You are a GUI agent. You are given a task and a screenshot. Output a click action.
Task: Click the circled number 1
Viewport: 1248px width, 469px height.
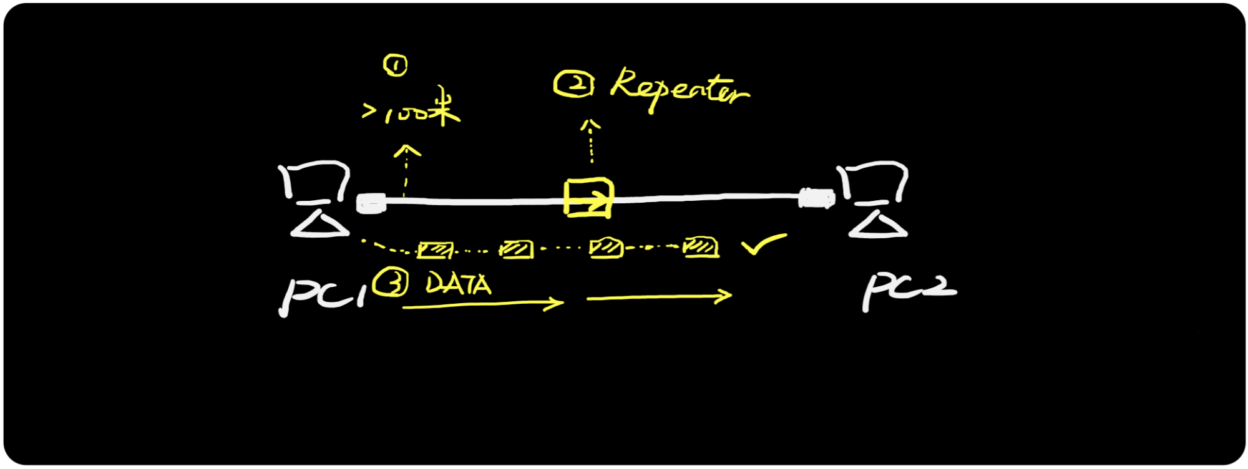coord(396,65)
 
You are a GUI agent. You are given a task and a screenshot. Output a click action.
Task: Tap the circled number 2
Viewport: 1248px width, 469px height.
coord(573,84)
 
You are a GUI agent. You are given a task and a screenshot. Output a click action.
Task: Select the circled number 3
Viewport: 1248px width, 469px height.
coord(391,283)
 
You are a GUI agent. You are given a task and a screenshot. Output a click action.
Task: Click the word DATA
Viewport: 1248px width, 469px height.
coord(459,284)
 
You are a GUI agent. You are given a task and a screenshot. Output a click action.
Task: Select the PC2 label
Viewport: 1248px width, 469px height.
coord(909,290)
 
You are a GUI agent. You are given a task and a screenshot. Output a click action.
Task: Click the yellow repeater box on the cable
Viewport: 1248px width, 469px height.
coord(588,198)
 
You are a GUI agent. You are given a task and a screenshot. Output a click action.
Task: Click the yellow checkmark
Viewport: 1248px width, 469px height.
coord(763,244)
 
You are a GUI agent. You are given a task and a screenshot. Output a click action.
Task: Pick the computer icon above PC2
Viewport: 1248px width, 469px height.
coord(874,200)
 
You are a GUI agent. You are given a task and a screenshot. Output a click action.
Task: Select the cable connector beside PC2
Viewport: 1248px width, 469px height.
coord(816,198)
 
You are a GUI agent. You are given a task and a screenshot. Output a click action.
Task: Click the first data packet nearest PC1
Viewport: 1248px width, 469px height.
coord(435,250)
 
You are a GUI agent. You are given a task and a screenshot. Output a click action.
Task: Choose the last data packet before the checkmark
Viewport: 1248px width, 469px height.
coord(701,247)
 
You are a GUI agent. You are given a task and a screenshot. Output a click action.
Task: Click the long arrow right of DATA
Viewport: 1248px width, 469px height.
coord(483,305)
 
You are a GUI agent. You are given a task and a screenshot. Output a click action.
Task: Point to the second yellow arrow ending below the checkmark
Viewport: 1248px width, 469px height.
coord(659,297)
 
